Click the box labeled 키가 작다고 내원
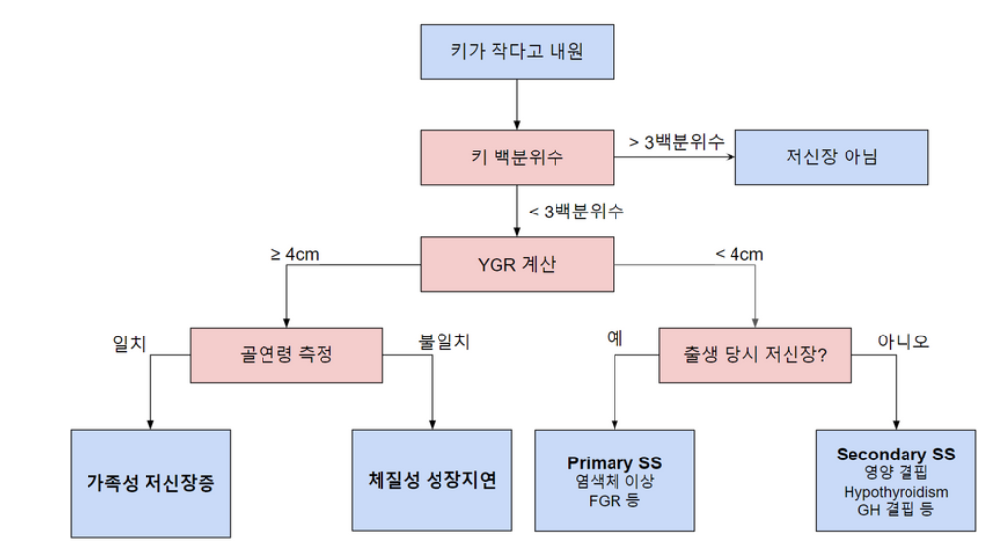[516, 50]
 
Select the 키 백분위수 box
[516, 156]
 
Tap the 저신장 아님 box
[831, 156]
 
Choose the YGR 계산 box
[516, 264]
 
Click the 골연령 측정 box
[285, 353]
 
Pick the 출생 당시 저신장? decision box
[754, 353]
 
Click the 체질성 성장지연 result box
[432, 481]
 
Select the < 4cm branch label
[738, 254]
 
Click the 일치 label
[130, 343]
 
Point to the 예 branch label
[615, 339]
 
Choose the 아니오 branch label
[902, 342]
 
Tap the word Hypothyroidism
[896, 491]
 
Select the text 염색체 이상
[615, 482]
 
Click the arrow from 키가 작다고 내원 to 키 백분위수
[516, 103]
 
